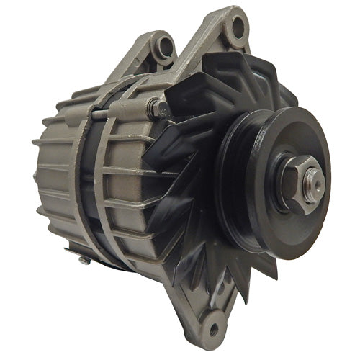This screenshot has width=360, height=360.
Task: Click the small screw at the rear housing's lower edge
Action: point(85,260)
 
